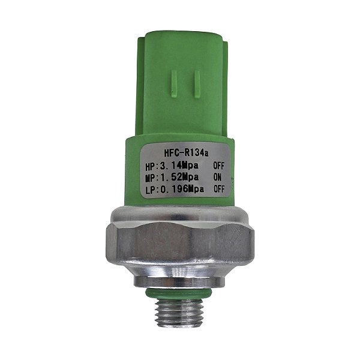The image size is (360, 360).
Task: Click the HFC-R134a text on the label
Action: click(x=186, y=153)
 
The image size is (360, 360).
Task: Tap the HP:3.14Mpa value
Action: click(x=172, y=166)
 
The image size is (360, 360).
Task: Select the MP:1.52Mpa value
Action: click(x=172, y=178)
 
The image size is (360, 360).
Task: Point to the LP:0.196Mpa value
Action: click(x=175, y=190)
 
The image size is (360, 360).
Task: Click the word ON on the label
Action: click(x=217, y=177)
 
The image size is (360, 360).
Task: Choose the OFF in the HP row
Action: click(x=218, y=166)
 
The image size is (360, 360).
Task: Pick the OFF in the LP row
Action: click(x=219, y=189)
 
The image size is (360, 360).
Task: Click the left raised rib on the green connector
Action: click(x=174, y=84)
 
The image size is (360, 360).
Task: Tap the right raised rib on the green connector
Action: click(x=197, y=84)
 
